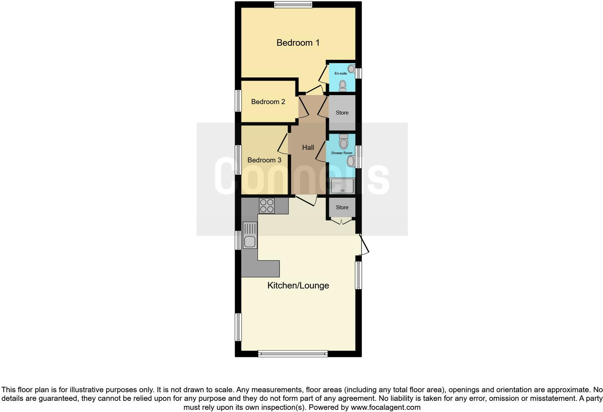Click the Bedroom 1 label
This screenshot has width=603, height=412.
click(x=298, y=43)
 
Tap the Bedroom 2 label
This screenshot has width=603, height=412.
click(x=268, y=102)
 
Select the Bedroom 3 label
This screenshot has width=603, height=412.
click(x=264, y=160)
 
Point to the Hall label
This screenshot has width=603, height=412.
click(x=308, y=147)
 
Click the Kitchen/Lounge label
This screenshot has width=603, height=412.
click(x=298, y=286)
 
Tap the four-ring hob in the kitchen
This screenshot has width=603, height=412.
click(x=267, y=206)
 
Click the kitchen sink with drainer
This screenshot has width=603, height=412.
click(x=250, y=235)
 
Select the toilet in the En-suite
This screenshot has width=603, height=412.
click(x=343, y=86)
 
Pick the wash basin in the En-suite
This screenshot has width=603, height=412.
click(x=351, y=69)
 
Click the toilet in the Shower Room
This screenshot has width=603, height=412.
click(x=344, y=142)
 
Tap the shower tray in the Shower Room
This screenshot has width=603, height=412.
click(x=342, y=186)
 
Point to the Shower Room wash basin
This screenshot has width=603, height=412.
click(x=351, y=161)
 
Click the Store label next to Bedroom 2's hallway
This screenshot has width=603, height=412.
click(x=342, y=113)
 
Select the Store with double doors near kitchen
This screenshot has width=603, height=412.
click(x=342, y=207)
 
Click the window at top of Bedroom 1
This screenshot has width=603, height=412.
click(x=293, y=5)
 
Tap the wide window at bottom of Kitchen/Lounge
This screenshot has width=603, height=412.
click(x=293, y=354)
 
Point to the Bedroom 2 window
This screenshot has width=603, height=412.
click(x=238, y=101)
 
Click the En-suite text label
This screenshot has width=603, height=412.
click(x=340, y=73)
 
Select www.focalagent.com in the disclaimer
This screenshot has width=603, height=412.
click(x=386, y=407)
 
